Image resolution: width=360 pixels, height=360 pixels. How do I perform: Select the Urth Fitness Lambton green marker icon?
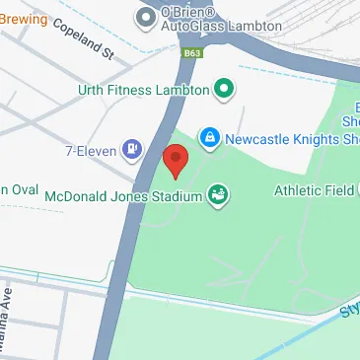pos(224,90)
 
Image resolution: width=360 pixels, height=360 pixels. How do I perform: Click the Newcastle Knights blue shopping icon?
pos(209,137)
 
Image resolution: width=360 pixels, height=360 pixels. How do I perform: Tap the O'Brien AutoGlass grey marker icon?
pos(148,17)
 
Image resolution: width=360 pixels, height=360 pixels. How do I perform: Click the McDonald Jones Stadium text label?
pos(121,194)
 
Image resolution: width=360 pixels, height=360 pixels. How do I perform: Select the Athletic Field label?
pos(316,189)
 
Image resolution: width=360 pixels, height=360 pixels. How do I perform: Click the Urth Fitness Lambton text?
pos(143,90)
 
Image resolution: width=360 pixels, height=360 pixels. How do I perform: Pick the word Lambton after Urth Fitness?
pos(181,90)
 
